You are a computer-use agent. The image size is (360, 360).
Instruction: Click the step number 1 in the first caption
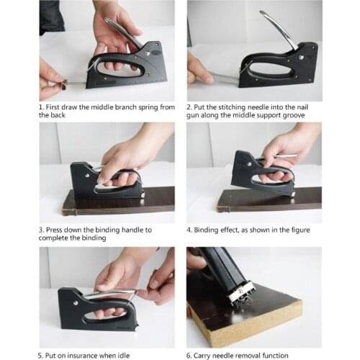click(41, 107)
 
